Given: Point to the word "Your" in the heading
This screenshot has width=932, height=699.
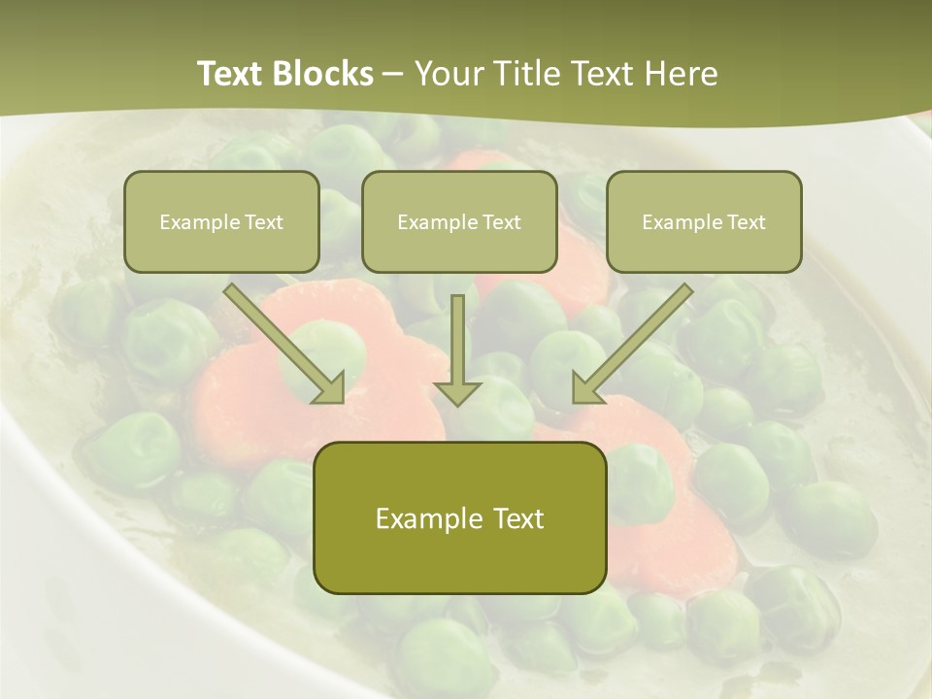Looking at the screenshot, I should (x=448, y=74).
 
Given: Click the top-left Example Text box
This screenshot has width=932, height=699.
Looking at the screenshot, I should (x=221, y=221).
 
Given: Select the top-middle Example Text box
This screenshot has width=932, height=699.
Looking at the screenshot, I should (x=459, y=221).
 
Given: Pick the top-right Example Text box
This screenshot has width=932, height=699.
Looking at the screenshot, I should (x=704, y=221).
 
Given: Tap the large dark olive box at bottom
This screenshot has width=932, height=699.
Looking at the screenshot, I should (x=459, y=517).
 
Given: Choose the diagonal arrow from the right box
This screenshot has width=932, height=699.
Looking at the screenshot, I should (x=636, y=341).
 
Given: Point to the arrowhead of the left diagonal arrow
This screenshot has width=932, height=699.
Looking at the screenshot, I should (x=331, y=389).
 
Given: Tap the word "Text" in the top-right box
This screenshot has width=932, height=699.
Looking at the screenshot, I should (x=746, y=222).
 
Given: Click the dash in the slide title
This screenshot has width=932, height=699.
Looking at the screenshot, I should (x=393, y=74).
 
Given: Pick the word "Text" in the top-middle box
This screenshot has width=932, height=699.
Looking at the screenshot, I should (x=501, y=222).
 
